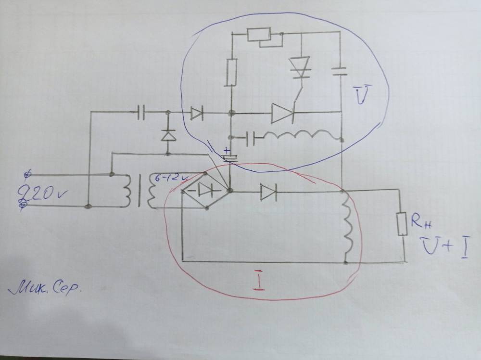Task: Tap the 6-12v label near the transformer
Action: (166, 178)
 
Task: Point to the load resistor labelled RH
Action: (401, 224)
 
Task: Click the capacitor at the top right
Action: (341, 72)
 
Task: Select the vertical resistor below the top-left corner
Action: (232, 72)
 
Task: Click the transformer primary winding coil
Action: (127, 191)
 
